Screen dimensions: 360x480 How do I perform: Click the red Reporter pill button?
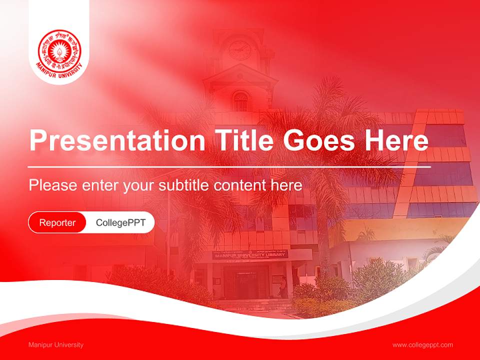click(x=57, y=222)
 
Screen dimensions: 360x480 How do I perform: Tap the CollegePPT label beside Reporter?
click(x=120, y=222)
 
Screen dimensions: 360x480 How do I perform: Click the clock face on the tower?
click(x=239, y=49)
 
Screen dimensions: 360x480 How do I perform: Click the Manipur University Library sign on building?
click(x=250, y=255)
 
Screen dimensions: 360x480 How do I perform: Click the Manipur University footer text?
click(x=56, y=345)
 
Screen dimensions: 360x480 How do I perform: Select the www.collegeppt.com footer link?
click(x=422, y=345)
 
